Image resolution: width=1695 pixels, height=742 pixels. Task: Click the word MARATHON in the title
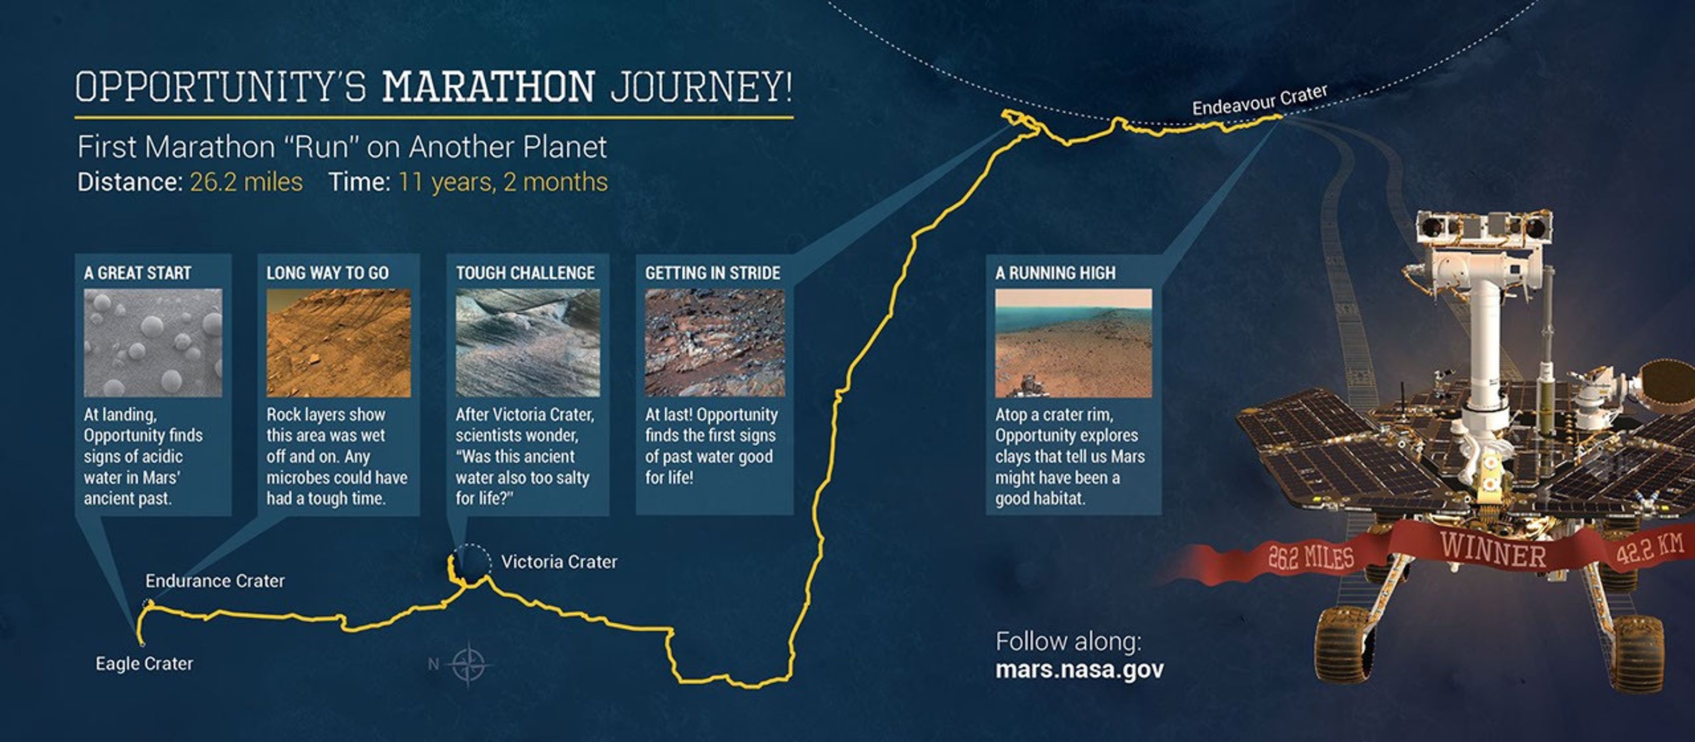[x=488, y=87]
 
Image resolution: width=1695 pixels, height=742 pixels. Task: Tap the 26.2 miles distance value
[x=246, y=182]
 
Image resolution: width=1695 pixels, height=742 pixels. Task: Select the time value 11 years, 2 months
[x=503, y=182]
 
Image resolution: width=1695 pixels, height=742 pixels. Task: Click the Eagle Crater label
[x=144, y=663]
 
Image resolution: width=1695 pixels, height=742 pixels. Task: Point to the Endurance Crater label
[x=215, y=581]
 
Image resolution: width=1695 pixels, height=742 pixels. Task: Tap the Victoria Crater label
[x=559, y=562]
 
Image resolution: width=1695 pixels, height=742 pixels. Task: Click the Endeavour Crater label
[x=1260, y=101]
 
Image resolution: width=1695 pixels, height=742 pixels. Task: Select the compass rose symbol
[x=468, y=664]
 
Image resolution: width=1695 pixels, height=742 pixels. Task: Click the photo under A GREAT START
[x=153, y=342]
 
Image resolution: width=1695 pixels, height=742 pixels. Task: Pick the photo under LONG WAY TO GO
[x=338, y=342]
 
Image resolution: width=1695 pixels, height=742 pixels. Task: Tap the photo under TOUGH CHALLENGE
[x=527, y=342]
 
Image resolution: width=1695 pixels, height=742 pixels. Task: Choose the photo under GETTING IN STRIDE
[x=715, y=342]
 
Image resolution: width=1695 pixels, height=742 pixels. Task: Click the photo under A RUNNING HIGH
[x=1073, y=342]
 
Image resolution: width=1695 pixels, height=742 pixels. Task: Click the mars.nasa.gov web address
[x=1079, y=669]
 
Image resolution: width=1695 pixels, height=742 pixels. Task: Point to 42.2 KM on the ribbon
[x=1649, y=549]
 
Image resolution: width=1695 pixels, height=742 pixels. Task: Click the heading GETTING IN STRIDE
[x=712, y=272]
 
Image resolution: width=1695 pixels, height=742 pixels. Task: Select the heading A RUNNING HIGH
[x=1056, y=272]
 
